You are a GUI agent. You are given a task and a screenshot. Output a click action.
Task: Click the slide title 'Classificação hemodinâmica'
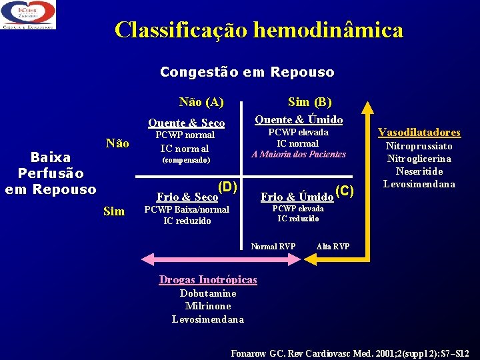pos(259,30)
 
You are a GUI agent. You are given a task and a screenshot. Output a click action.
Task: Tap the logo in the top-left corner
pos(28,15)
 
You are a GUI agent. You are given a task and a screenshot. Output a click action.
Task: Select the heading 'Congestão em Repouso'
pos(247,72)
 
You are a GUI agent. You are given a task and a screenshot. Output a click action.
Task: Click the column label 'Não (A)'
pos(201,102)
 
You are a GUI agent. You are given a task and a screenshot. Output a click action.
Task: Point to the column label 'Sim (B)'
pos(309,102)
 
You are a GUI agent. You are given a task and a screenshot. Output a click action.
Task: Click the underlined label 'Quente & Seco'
pos(186,123)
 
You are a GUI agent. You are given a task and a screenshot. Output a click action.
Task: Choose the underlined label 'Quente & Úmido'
pos(299,120)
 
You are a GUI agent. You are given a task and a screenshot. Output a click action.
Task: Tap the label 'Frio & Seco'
pos(187,197)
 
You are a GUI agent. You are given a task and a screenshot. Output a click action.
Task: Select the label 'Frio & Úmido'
pos(297,197)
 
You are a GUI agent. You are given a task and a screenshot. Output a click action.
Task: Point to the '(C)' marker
pos(343,191)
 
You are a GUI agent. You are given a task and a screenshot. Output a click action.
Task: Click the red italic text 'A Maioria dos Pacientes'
pos(298,155)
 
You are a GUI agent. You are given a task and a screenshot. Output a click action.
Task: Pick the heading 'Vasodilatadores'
pos(419,133)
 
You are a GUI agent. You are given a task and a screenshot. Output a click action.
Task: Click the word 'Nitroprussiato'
pos(420,146)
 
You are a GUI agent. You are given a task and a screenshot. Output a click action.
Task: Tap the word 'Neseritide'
pos(420,171)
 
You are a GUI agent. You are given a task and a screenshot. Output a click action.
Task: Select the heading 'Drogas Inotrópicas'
pos(207,280)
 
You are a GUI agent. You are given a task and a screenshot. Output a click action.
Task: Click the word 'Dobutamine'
pos(208,293)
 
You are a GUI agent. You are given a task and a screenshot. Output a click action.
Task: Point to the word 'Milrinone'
pos(208,306)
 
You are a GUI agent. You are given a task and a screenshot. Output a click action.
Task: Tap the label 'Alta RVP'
pos(333,247)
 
